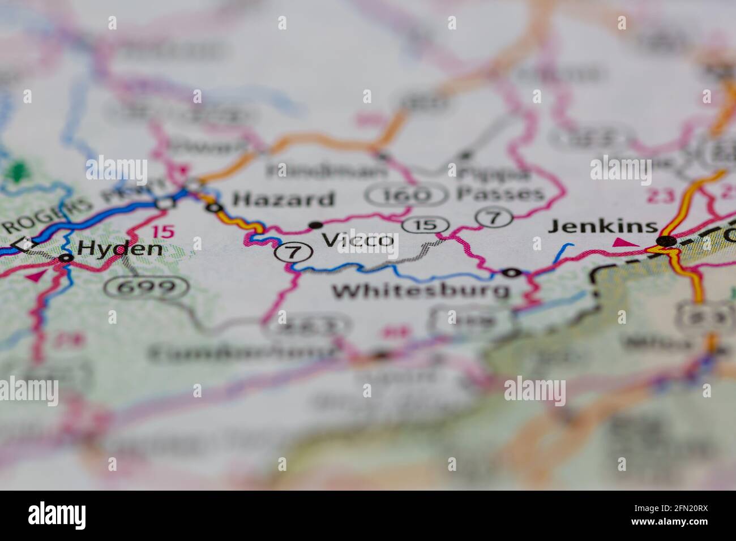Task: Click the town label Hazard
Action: [284, 199]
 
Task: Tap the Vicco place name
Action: [358, 240]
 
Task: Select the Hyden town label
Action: [119, 248]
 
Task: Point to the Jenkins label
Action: [603, 227]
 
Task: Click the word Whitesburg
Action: [420, 291]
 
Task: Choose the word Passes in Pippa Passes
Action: [500, 194]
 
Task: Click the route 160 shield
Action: [406, 196]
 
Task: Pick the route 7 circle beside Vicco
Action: [292, 251]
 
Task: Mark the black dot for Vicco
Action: [314, 225]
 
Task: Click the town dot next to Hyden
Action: [66, 258]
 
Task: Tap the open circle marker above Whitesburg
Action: [512, 273]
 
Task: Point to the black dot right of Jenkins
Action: [666, 242]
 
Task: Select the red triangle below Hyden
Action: [37, 276]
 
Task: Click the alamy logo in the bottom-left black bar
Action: [57, 516]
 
